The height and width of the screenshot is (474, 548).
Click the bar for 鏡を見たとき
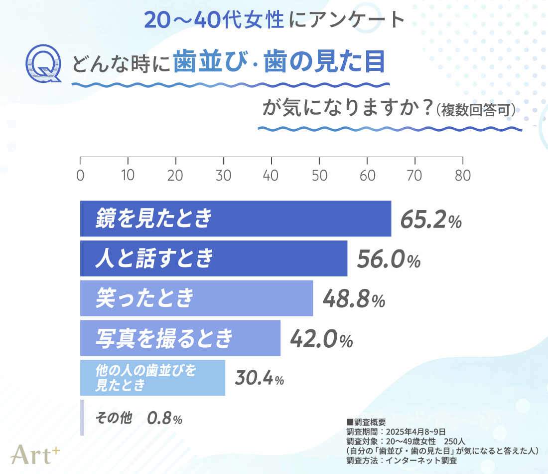pos(235,219)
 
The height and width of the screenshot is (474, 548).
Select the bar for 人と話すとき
pos(213,258)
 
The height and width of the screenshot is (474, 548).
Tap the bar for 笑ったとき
pos(196,298)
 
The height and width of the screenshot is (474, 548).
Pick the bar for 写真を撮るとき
pos(180,338)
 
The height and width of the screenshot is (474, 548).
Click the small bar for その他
pos(82,418)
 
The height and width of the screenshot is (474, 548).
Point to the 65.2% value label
pos(431,220)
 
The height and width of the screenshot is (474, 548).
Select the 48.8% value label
pos(354,299)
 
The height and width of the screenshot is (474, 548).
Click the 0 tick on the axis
pos(80,176)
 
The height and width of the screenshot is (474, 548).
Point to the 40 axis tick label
pos(271,176)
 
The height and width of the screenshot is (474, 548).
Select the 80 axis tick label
pos(462,176)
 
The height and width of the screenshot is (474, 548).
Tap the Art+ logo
pos(35,453)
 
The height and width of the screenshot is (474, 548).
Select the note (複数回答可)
pos(476,111)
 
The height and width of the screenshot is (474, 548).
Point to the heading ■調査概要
pos(366,422)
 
